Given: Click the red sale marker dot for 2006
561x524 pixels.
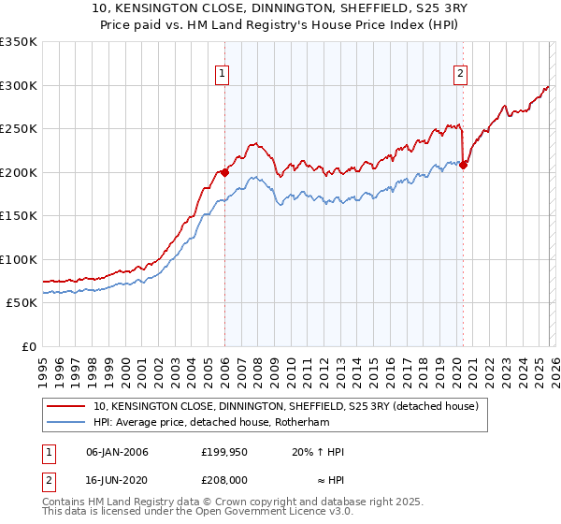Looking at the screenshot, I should [x=224, y=172].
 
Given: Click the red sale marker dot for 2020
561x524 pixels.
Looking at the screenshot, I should [x=463, y=166].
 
